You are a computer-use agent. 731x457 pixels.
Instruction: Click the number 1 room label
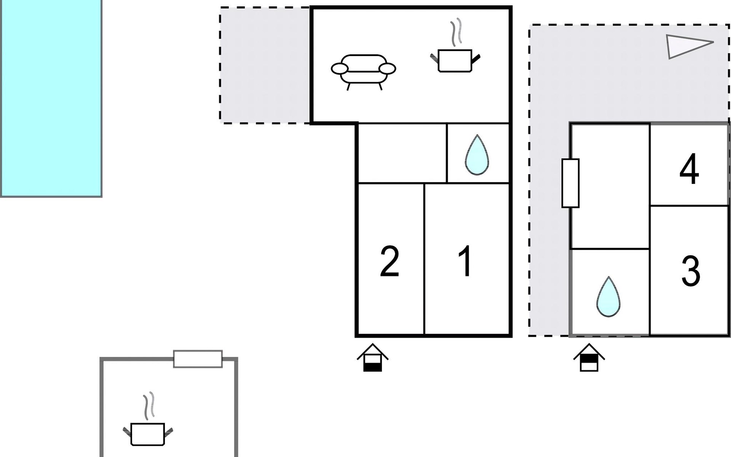click(466, 261)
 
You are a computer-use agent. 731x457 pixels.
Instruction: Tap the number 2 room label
click(389, 261)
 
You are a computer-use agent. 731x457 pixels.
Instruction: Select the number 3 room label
click(690, 271)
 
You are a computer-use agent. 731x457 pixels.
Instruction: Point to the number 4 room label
click(689, 169)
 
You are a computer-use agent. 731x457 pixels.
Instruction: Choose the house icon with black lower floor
click(372, 358)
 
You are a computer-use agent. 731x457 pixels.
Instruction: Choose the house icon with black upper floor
click(589, 358)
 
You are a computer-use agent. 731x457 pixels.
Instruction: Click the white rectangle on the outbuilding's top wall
click(198, 359)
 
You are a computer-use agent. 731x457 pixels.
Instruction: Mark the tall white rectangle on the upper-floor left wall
click(570, 183)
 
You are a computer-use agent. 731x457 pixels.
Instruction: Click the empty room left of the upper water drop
click(402, 153)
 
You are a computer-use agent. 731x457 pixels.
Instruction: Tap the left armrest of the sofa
click(340, 69)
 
